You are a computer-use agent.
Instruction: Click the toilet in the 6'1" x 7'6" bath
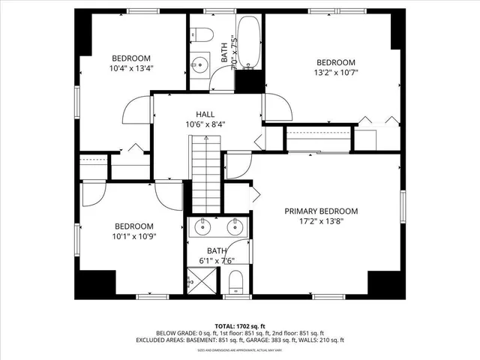click(x=235, y=283)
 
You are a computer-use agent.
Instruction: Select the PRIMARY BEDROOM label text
click(x=321, y=211)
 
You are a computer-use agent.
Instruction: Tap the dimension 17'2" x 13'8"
click(x=321, y=222)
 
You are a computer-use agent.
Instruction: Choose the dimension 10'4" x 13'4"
click(x=132, y=69)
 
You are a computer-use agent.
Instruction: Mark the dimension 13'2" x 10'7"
click(x=334, y=73)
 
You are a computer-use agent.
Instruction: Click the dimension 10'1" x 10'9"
click(x=133, y=237)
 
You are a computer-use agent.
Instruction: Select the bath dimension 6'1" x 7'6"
click(x=217, y=261)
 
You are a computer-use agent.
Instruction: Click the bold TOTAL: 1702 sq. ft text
click(x=239, y=325)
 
